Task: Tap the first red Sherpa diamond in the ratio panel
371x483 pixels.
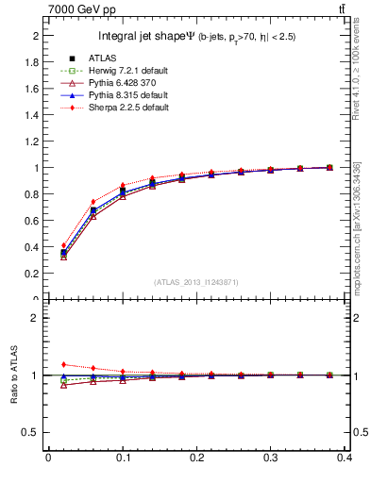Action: (63, 364)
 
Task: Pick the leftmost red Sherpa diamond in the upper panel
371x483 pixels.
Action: (63, 245)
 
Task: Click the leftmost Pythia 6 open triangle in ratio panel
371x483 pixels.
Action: (63, 385)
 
